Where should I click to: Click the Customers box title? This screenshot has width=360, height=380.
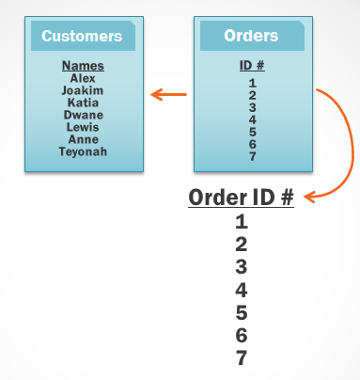[83, 37]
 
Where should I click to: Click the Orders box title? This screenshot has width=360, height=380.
[251, 36]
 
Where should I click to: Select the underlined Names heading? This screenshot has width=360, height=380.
[83, 66]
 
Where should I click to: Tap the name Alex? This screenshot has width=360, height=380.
[83, 78]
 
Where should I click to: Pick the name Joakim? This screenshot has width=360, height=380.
[83, 90]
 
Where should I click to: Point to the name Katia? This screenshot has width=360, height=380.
[83, 103]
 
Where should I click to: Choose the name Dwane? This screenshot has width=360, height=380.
[83, 115]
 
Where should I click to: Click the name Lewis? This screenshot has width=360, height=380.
[83, 127]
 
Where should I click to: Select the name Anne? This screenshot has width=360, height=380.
[83, 139]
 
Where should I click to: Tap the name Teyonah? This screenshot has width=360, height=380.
[83, 151]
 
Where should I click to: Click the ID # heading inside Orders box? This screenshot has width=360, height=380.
[252, 66]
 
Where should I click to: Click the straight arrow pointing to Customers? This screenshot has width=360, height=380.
[169, 93]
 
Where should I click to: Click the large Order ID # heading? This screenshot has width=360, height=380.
[242, 198]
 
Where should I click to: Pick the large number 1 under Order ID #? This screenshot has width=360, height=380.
[242, 223]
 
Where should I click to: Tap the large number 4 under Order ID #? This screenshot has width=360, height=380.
[242, 291]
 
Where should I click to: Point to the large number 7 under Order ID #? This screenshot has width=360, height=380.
[242, 358]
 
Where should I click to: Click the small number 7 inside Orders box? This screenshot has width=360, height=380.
[252, 155]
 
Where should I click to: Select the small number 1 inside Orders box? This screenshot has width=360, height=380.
[252, 83]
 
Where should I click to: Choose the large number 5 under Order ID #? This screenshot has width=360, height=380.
[242, 313]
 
